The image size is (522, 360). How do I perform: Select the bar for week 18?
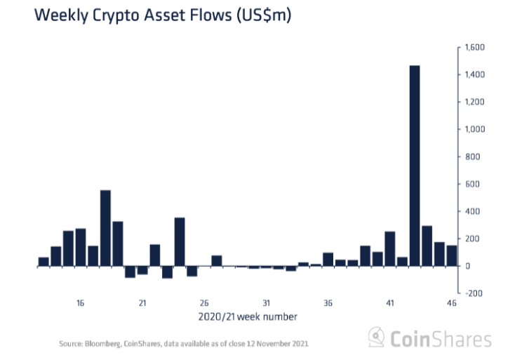point(105,228)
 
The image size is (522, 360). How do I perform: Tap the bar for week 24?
point(180,242)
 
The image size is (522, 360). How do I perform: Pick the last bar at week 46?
point(452,255)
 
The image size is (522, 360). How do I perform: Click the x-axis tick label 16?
point(81,303)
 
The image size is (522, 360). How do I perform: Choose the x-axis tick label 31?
point(266,303)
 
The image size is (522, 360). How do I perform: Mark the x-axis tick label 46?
point(452,303)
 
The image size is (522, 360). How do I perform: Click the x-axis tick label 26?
point(204,303)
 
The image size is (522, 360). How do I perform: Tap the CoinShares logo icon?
point(377,338)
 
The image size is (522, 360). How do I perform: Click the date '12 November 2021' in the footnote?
point(278,345)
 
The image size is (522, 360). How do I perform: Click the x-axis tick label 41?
point(390,303)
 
